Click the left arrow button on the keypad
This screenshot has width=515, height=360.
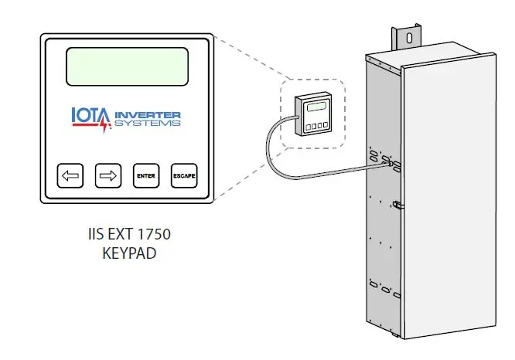70,176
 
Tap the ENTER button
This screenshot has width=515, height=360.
145,176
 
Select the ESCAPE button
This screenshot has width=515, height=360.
184,176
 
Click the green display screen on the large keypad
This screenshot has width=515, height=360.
128,67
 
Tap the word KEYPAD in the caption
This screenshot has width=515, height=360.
129,251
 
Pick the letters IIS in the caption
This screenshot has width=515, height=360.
95,233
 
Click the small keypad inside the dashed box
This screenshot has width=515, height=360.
315,114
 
